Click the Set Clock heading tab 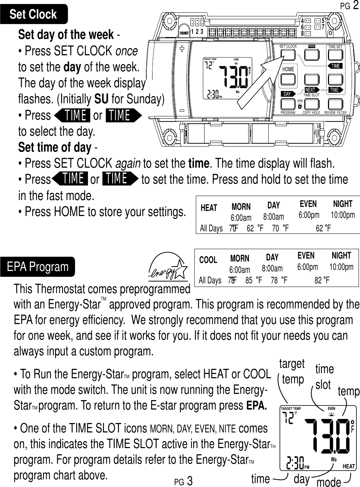(x=33, y=14)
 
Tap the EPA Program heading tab (x=37, y=267)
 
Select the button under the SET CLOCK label (x=288, y=55)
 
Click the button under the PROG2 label (x=312, y=55)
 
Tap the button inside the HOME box (x=288, y=79)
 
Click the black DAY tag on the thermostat (x=288, y=94)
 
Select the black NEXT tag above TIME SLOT (x=311, y=90)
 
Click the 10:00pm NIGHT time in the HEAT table (x=343, y=215)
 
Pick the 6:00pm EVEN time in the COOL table (x=308, y=267)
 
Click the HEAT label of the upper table (x=209, y=208)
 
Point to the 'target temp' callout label (x=292, y=371)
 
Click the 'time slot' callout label (x=324, y=376)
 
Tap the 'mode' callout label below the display (x=329, y=482)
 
